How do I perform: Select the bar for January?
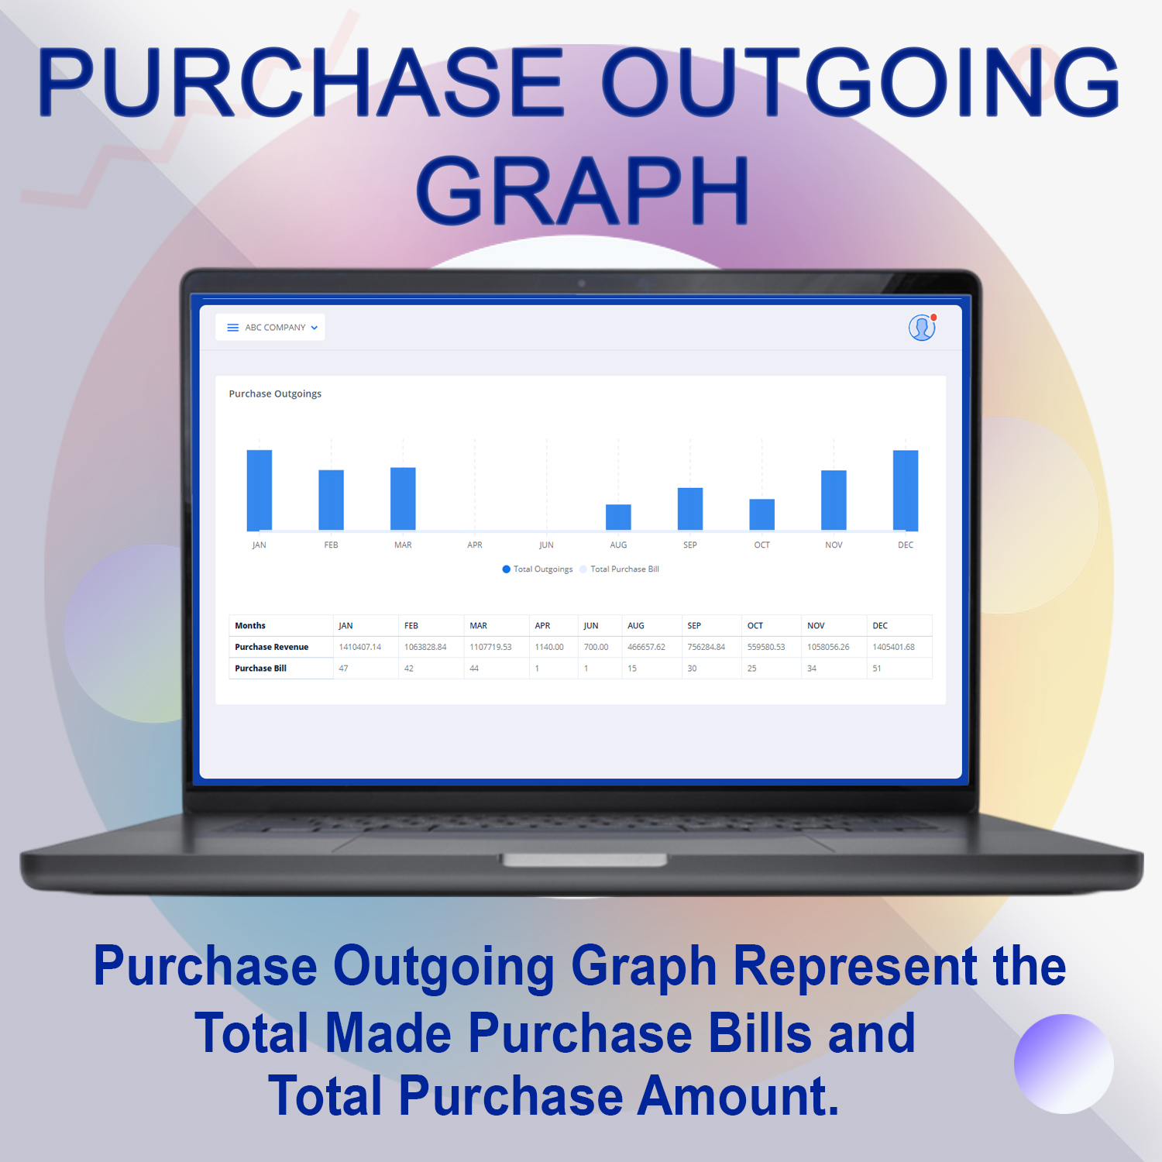click(x=259, y=490)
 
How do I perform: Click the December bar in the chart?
click(x=906, y=490)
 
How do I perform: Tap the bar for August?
click(x=618, y=517)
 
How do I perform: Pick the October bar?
click(x=762, y=514)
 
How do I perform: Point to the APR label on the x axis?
click(x=475, y=545)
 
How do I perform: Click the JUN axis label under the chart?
click(x=546, y=545)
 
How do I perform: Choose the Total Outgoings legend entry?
click(x=538, y=569)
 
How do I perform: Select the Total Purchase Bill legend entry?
click(x=620, y=569)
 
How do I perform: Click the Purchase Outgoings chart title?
click(x=275, y=394)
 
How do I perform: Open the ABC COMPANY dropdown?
click(x=270, y=328)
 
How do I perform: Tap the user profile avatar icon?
click(x=922, y=328)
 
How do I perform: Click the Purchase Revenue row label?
click(x=272, y=647)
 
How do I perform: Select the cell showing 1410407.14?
click(x=360, y=647)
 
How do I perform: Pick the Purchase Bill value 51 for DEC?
click(x=877, y=669)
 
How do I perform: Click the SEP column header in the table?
click(x=694, y=626)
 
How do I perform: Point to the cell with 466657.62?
click(x=646, y=647)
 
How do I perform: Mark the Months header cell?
click(x=250, y=626)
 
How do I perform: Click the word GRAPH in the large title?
click(x=583, y=190)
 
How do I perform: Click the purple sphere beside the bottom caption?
click(x=1064, y=1064)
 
